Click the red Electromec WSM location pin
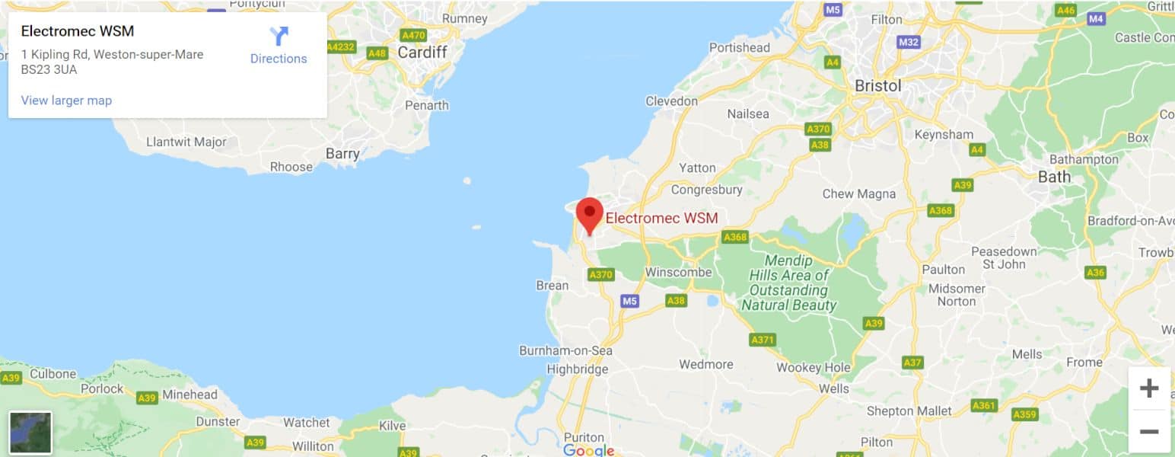coord(589,213)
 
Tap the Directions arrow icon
coord(279,36)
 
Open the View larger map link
coord(66,101)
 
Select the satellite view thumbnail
coord(30,433)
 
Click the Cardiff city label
coord(422,53)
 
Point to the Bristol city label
coord(877,85)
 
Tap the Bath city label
coord(1054,177)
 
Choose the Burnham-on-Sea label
coord(565,351)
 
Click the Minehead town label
coord(189,395)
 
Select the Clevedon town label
coord(671,101)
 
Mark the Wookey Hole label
coord(813,368)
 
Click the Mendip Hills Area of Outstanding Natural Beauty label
coord(788,283)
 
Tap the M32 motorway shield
coord(908,42)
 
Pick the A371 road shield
coord(762,340)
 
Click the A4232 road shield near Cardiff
coord(340,47)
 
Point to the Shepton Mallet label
coord(909,411)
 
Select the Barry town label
coord(342,154)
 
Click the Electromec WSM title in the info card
coord(78,31)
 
